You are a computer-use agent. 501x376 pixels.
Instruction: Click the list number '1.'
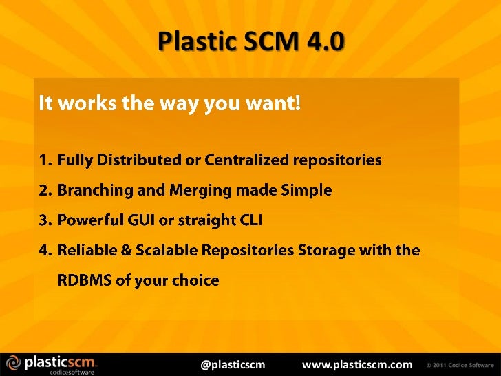45,160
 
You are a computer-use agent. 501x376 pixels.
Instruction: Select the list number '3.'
45,220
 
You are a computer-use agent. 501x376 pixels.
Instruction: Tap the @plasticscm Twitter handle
232,364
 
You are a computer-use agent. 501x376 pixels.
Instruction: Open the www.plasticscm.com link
357,364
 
